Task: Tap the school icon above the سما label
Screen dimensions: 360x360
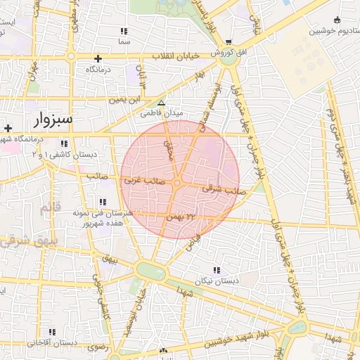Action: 124,31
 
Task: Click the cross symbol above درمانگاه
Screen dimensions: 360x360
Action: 98,58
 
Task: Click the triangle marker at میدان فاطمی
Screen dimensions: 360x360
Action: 161,103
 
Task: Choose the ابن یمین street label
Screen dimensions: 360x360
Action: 126,101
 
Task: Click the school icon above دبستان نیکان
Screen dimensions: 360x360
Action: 216,270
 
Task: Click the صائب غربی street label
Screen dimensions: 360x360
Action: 145,181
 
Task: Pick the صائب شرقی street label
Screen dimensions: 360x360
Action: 218,189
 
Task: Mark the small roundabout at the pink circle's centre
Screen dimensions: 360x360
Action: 178,183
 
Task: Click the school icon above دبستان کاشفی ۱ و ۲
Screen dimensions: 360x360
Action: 64,144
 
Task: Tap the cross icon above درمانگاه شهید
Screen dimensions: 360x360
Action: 7,128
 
